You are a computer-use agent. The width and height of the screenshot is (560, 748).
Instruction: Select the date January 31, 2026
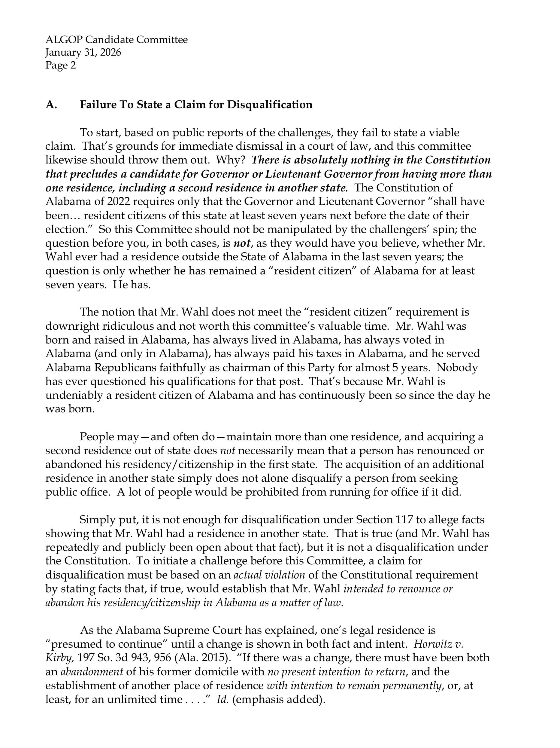pyautogui.click(x=83, y=52)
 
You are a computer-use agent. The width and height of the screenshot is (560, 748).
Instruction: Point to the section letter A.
pyautogui.click(x=51, y=105)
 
